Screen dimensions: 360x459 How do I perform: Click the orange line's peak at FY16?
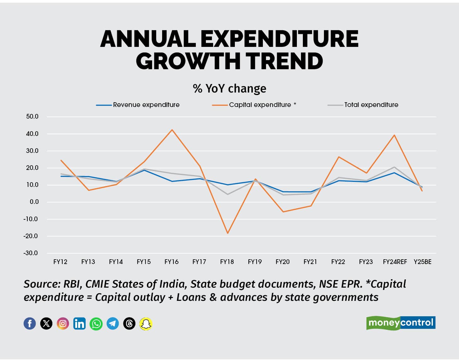pyautogui.click(x=172, y=130)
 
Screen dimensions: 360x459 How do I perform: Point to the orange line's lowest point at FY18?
pyautogui.click(x=227, y=233)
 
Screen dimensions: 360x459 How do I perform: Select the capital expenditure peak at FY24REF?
pyautogui.click(x=394, y=135)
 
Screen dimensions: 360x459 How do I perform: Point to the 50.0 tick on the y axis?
pyautogui.click(x=32, y=117)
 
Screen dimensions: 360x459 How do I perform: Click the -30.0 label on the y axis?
pyautogui.click(x=31, y=253)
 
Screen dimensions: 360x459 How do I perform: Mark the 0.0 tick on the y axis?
pyautogui.click(x=34, y=202)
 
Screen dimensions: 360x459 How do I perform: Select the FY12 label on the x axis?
pyautogui.click(x=60, y=262)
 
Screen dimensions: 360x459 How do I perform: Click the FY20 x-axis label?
pyautogui.click(x=282, y=262)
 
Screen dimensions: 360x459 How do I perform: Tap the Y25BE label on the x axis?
pyautogui.click(x=422, y=262)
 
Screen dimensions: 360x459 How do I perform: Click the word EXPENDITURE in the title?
pyautogui.click(x=279, y=39)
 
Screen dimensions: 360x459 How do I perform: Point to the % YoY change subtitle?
pyautogui.click(x=229, y=89)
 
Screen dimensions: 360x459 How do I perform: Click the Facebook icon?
pyautogui.click(x=30, y=323)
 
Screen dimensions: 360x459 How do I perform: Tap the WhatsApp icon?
pyautogui.click(x=96, y=323)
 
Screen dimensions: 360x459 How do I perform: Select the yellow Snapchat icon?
pyautogui.click(x=146, y=323)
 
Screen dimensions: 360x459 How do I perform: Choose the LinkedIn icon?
pyautogui.click(x=79, y=323)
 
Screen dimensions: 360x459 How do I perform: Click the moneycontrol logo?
pyautogui.click(x=401, y=323)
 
